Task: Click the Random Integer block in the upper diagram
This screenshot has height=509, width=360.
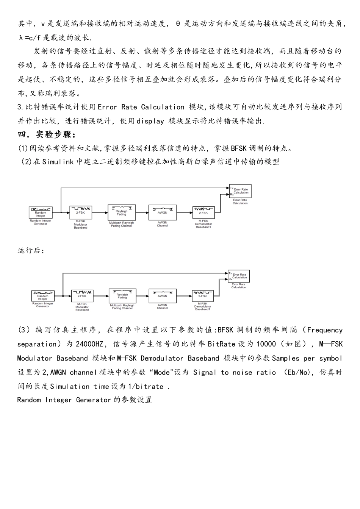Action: point(41,212)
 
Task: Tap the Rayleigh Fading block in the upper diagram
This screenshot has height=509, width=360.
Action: point(121,211)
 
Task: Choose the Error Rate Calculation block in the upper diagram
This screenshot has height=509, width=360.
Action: point(240,192)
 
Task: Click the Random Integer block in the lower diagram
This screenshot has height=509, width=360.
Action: point(43,296)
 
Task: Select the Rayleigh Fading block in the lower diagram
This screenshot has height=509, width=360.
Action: point(122,295)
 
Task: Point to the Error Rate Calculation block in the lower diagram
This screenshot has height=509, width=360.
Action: point(239,276)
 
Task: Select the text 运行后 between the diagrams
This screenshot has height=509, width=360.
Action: point(31,251)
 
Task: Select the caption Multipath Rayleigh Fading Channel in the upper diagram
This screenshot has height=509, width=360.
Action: point(121,224)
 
